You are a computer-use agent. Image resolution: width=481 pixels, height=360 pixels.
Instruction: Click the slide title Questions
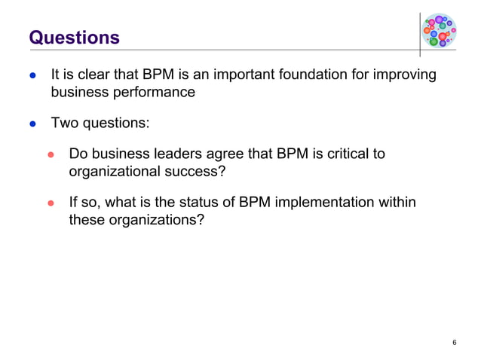(x=74, y=37)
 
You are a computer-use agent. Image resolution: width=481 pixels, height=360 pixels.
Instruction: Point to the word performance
(x=154, y=93)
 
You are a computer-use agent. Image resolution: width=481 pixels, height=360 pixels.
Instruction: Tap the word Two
(x=63, y=123)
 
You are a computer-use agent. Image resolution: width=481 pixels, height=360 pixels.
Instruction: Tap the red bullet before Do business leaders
(x=52, y=154)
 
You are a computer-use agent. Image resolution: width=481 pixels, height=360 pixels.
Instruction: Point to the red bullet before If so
(x=52, y=203)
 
